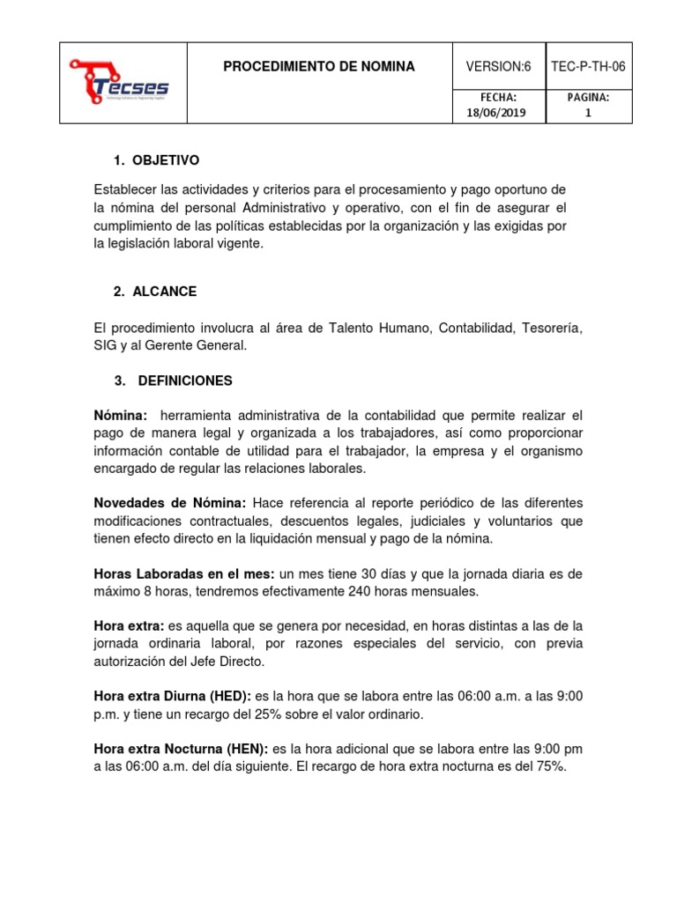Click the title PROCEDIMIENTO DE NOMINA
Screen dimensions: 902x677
coord(318,67)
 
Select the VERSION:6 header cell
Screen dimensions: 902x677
coord(498,67)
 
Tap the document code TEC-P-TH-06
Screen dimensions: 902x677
coord(588,67)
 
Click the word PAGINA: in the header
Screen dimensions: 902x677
coord(588,96)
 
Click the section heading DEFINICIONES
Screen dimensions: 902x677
coord(184,381)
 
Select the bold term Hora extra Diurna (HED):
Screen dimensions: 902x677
coord(172,696)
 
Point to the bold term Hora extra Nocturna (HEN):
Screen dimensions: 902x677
coord(181,749)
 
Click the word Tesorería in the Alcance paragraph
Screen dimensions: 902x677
coord(553,328)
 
